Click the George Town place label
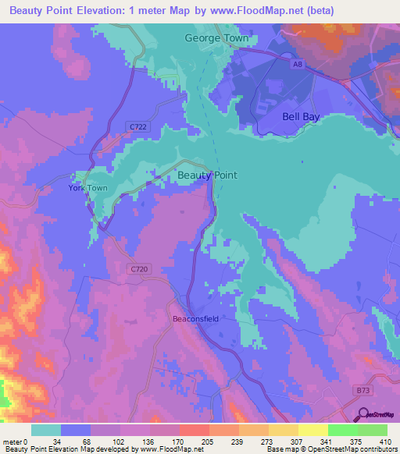pyautogui.click(x=216, y=37)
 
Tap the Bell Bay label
pyautogui.click(x=301, y=116)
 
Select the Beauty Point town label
pyautogui.click(x=207, y=176)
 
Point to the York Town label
pyautogui.click(x=87, y=189)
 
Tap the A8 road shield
pyautogui.click(x=295, y=67)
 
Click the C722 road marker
pyautogui.click(x=138, y=126)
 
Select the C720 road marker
pyautogui.click(x=137, y=268)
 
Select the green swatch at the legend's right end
pyautogui.click(x=372, y=430)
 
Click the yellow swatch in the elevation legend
pyautogui.click(x=312, y=430)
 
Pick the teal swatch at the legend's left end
pyautogui.click(x=45, y=430)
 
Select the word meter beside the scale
pyautogui.click(x=11, y=441)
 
